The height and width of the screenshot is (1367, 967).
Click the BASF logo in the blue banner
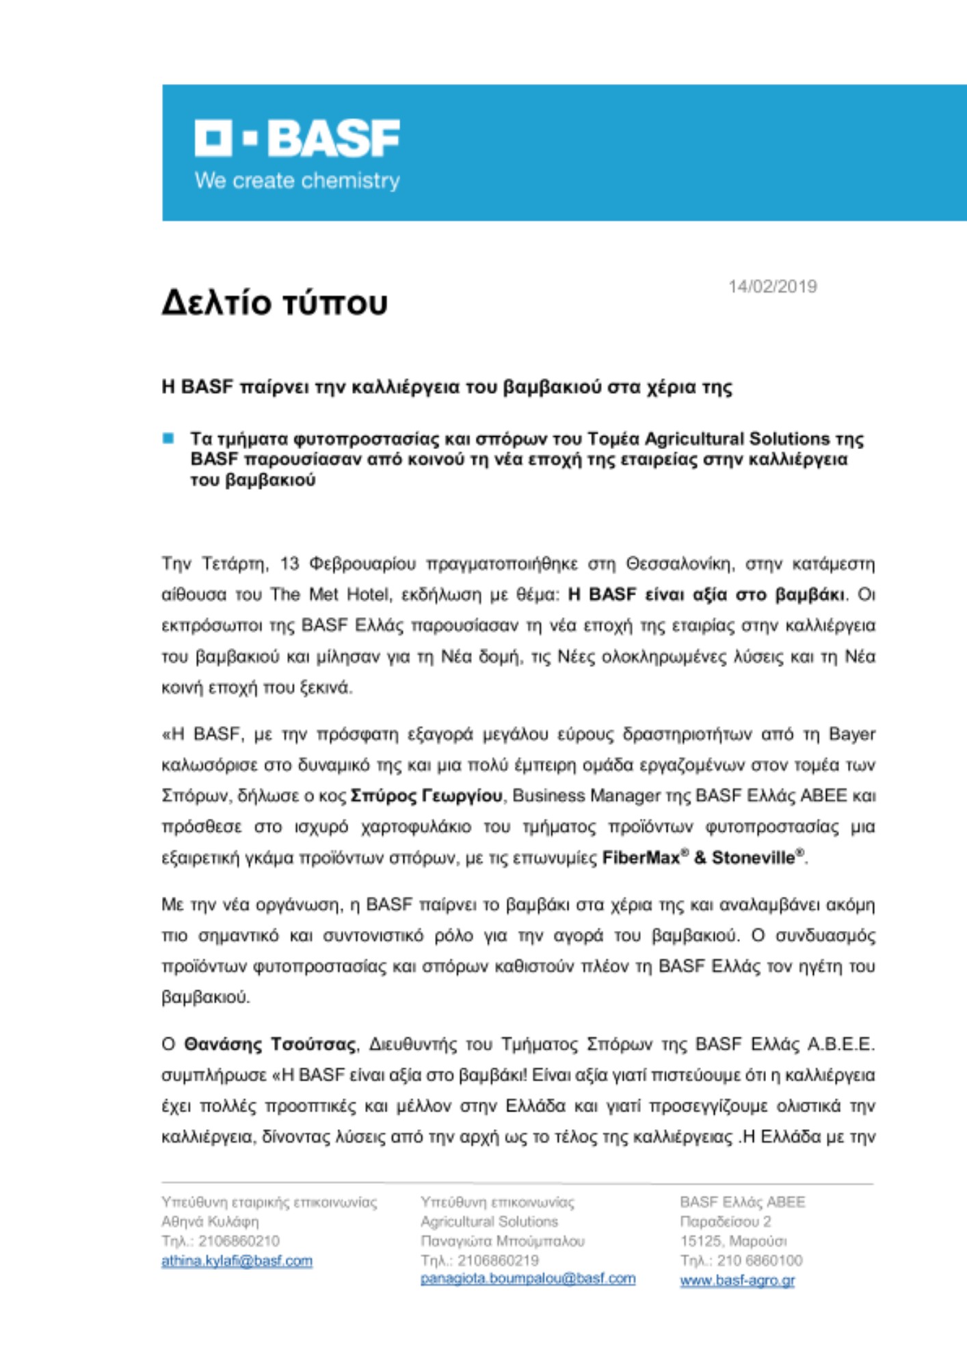point(297,138)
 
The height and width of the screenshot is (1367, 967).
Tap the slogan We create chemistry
point(297,181)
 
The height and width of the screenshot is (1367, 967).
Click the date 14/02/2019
point(772,286)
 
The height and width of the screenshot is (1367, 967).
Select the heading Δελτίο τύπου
point(274,303)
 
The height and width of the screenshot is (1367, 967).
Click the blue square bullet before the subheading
point(168,438)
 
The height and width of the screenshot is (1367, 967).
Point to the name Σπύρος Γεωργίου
point(426,796)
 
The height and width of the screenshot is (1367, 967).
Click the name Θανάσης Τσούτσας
point(269,1044)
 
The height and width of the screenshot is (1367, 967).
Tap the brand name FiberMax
point(640,858)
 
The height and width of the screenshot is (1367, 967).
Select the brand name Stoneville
point(754,858)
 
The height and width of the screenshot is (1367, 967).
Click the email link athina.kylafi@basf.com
point(237,1260)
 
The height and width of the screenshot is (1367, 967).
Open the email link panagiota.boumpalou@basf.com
point(527,1278)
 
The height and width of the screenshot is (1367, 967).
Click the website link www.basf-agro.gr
point(737,1280)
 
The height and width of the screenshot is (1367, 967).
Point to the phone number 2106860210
point(239,1241)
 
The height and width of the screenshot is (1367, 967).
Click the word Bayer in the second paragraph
point(851,734)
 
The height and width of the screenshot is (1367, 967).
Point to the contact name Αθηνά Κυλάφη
point(210,1221)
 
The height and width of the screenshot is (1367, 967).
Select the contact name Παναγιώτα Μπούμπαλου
point(502,1241)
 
